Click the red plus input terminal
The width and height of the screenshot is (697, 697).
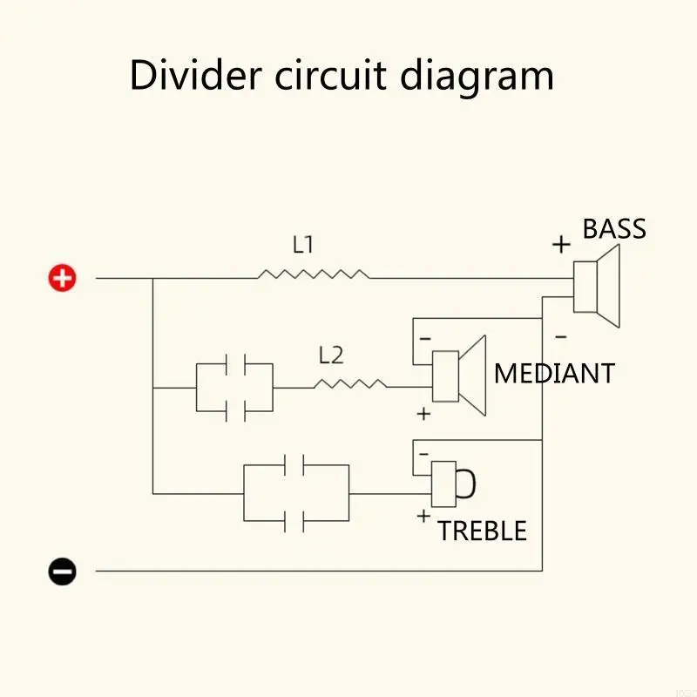(x=62, y=278)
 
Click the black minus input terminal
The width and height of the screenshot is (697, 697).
(x=62, y=572)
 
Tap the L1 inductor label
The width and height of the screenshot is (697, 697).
(x=302, y=245)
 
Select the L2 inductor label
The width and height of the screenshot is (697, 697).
(x=331, y=355)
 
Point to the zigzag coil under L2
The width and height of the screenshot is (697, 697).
(x=349, y=383)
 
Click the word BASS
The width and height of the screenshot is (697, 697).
(x=614, y=229)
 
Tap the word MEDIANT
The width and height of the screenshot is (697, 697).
(x=553, y=374)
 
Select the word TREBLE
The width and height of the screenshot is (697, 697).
(x=482, y=531)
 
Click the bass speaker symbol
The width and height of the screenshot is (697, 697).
(x=598, y=286)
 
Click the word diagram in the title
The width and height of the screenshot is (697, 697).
(x=477, y=77)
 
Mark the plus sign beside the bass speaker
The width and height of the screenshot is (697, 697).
(x=561, y=245)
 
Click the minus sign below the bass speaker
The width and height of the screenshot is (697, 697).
(x=560, y=335)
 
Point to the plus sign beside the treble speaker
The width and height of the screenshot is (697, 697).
(x=423, y=516)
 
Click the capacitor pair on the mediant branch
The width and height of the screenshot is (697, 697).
(x=235, y=387)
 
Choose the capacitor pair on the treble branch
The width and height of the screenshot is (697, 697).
(x=296, y=493)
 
